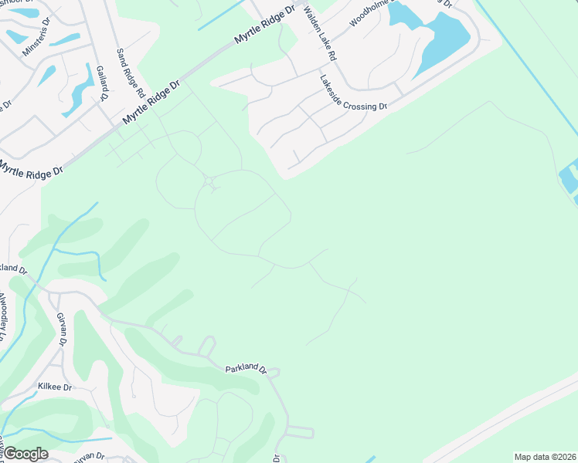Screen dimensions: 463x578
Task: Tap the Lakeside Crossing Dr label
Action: (x=352, y=92)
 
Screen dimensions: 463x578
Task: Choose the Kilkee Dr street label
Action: (x=55, y=386)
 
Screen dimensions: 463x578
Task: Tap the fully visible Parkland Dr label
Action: (x=246, y=370)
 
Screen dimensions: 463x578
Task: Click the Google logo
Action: (x=25, y=454)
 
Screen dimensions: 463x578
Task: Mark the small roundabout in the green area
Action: (x=209, y=181)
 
